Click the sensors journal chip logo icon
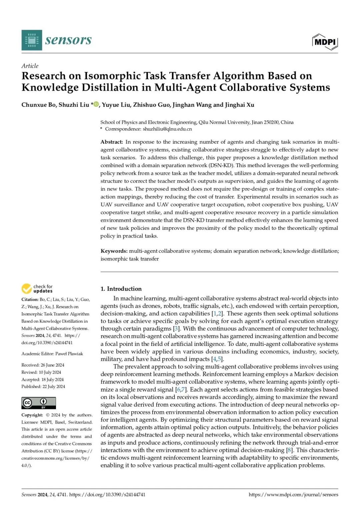(x=32, y=40)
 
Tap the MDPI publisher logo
(x=325, y=42)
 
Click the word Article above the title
(x=30, y=66)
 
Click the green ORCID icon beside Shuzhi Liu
(x=96, y=104)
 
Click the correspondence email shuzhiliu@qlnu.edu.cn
(x=167, y=129)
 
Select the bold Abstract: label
(x=112, y=142)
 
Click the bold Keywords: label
(x=114, y=251)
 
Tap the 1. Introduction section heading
(x=121, y=289)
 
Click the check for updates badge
(x=37, y=289)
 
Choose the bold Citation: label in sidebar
(x=30, y=299)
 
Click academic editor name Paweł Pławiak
(x=69, y=354)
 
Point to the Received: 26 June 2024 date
(x=43, y=365)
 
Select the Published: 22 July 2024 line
(x=43, y=387)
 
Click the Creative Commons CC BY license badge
(x=39, y=403)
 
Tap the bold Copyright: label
(x=32, y=415)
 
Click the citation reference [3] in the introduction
(x=176, y=329)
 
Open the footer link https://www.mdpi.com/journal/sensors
(x=293, y=495)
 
